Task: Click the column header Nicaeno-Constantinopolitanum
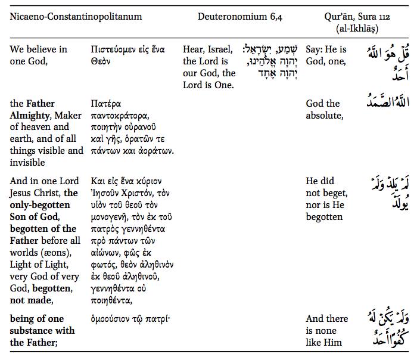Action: [x=76, y=16]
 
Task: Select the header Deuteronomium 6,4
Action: [x=239, y=16]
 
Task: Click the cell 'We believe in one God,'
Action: [x=38, y=55]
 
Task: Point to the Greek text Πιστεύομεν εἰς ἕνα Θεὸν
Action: [x=128, y=55]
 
